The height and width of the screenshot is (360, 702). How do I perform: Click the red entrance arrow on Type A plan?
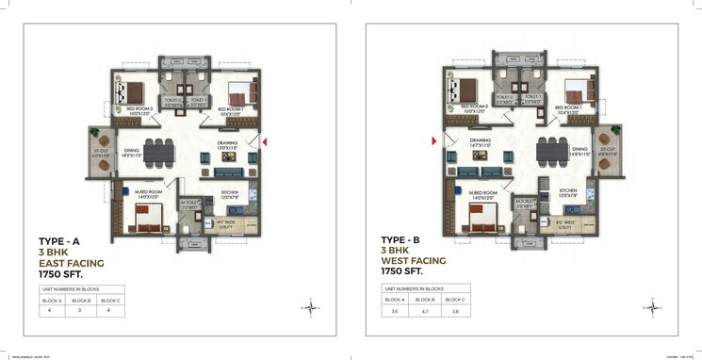266,142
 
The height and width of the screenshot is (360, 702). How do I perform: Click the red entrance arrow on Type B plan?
433,141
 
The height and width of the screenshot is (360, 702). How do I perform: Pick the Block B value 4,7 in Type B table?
426,310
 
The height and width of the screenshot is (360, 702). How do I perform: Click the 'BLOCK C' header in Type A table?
110,300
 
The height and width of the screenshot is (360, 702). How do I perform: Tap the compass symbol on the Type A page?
311,304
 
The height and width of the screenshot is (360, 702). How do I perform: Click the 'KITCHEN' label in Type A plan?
231,192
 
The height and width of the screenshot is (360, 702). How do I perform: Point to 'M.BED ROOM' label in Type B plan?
483,194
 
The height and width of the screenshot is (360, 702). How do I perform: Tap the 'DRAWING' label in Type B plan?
482,141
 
